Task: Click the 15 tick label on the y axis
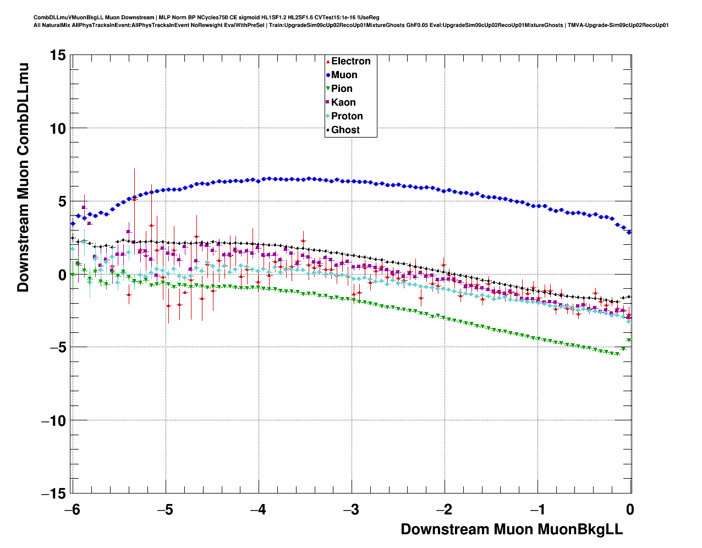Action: (x=57, y=55)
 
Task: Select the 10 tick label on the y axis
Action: (x=57, y=129)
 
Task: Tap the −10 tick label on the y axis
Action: (x=53, y=421)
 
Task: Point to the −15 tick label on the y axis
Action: (x=53, y=494)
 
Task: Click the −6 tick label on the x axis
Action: (x=72, y=509)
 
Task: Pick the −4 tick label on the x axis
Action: (x=258, y=509)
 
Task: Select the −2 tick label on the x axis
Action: (x=445, y=509)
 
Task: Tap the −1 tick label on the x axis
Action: (x=538, y=509)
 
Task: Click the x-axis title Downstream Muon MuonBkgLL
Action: (x=512, y=529)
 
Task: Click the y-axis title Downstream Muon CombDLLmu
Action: (x=23, y=177)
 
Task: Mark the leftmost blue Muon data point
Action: (x=73, y=223)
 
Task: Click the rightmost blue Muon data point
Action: (x=629, y=232)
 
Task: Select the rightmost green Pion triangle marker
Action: (x=629, y=341)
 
